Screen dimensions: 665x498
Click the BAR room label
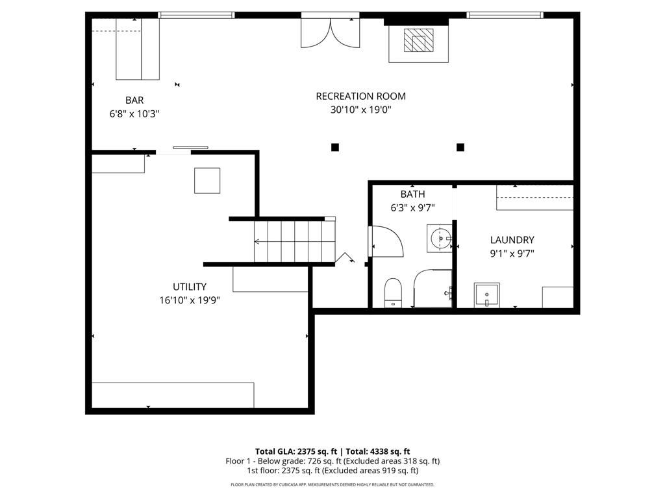[134, 101]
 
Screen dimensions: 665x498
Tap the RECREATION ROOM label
[360, 96]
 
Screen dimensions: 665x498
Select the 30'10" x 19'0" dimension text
[360, 110]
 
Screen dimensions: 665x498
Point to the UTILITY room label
[190, 287]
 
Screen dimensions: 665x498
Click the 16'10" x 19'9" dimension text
[190, 300]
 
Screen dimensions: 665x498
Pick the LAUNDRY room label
[512, 240]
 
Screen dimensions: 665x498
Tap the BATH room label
[412, 195]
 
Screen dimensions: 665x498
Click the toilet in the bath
[393, 292]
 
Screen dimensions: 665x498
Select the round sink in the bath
[440, 239]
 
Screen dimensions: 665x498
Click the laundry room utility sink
[487, 295]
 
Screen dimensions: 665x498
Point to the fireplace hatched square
[419, 40]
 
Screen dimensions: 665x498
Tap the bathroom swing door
[386, 241]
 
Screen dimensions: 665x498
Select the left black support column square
[335, 147]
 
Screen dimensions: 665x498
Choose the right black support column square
[460, 147]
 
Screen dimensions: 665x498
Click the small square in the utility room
[207, 181]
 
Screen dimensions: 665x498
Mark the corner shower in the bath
[433, 289]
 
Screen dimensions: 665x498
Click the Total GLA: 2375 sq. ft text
[296, 451]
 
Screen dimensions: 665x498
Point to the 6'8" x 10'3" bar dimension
[134, 114]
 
